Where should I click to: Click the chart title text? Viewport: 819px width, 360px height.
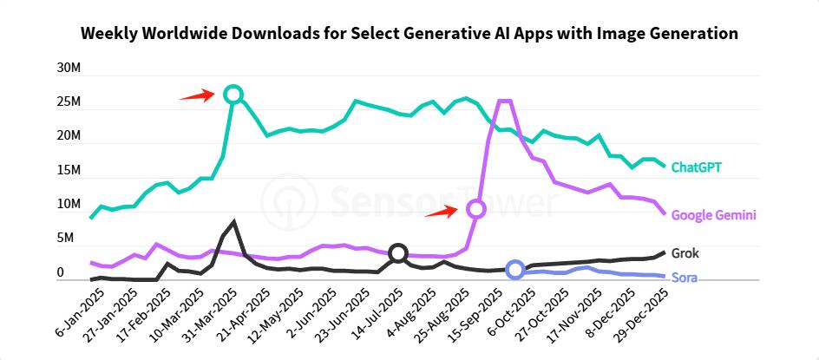pyautogui.click(x=409, y=34)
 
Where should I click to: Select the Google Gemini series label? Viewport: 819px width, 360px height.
pyautogui.click(x=714, y=215)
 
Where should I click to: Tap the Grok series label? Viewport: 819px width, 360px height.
pyautogui.click(x=685, y=253)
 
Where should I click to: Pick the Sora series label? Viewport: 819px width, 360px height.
pyautogui.click(x=685, y=278)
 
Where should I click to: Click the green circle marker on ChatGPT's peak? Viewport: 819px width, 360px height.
pyautogui.click(x=233, y=94)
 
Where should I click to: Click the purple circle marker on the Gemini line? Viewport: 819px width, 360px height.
pyautogui.click(x=475, y=209)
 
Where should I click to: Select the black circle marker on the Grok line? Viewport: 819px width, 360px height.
pyautogui.click(x=397, y=253)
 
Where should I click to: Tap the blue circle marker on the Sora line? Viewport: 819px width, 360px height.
pyautogui.click(x=515, y=270)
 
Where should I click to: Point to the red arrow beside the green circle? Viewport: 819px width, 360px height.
pyautogui.click(x=197, y=95)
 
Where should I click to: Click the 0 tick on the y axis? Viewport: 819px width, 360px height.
pyautogui.click(x=61, y=273)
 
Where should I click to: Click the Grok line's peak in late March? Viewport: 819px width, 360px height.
pyautogui.click(x=233, y=221)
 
